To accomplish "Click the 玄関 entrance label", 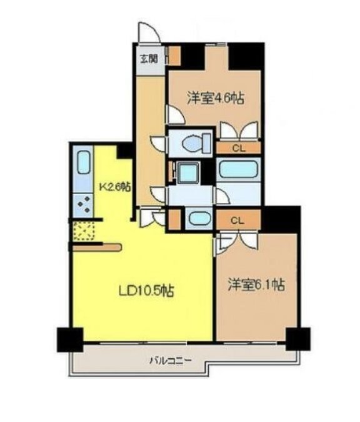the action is tap(149, 59).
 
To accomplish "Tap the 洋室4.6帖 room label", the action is tap(216, 98).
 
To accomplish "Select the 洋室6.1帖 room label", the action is tap(256, 285).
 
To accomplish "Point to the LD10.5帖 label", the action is tap(146, 290).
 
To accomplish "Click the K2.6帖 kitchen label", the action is tap(116, 187).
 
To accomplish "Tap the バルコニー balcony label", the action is tap(171, 360).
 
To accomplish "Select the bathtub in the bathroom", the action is tap(237, 169).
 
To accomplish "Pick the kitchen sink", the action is tap(84, 162).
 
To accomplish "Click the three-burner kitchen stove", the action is tap(84, 205).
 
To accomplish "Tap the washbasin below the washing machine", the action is tap(199, 218).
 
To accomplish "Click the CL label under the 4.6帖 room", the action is tap(239, 149).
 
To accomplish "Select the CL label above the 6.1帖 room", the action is tap(237, 221).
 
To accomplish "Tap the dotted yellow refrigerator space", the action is tap(84, 231).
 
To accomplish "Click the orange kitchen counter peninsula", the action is tap(97, 248).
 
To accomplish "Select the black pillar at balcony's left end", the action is tap(70, 340).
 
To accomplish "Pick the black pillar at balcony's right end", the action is tap(298, 339).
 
